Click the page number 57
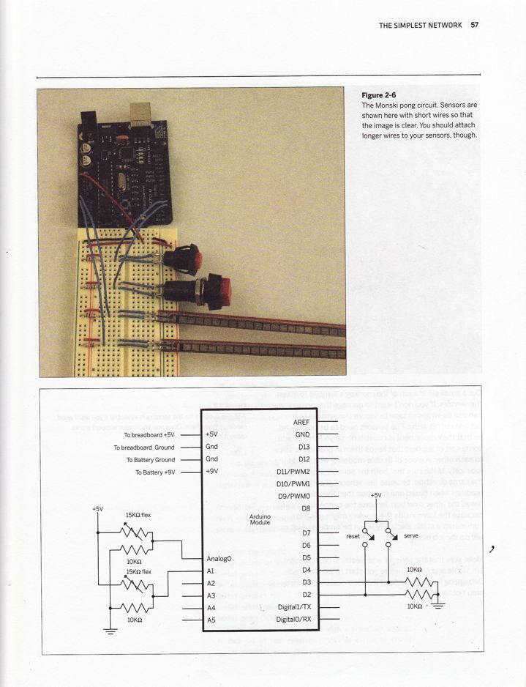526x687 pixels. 474,25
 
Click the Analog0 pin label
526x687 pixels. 219,559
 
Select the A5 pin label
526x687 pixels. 211,620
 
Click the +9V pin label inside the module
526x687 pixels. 212,471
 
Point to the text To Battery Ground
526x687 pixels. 150,460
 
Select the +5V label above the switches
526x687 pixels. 376,496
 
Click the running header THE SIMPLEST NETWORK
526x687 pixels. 420,25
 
